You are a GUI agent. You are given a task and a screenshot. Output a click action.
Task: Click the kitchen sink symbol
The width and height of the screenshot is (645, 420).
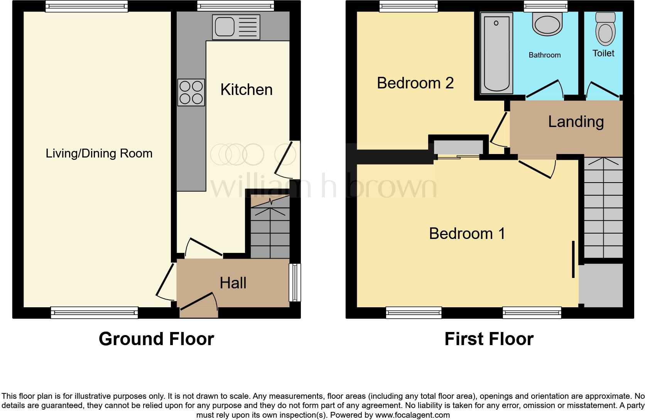click(x=236, y=27)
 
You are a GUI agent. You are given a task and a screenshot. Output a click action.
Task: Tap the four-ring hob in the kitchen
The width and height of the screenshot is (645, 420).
click(x=191, y=92)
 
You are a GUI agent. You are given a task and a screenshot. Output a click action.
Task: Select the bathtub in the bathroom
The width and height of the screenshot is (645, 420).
click(x=496, y=53)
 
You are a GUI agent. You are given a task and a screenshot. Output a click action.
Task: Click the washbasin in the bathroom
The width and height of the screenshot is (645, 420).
click(x=547, y=24)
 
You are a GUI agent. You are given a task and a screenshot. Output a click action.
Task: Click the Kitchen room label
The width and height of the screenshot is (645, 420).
click(x=247, y=90)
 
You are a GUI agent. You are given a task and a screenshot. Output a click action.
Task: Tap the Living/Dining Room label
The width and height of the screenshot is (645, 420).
click(x=99, y=153)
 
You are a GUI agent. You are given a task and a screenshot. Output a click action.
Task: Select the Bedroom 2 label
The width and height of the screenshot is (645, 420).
click(x=415, y=83)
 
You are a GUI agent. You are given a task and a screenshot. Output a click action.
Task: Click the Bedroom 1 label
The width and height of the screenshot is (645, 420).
click(x=467, y=234)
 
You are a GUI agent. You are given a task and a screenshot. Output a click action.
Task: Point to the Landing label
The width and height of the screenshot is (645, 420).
click(x=576, y=122)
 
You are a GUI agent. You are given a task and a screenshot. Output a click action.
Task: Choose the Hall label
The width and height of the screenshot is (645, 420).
click(x=233, y=283)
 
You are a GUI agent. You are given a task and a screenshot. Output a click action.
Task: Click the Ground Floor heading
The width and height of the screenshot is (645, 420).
click(x=156, y=339)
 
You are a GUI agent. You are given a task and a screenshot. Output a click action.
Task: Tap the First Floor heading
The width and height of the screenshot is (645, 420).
click(x=489, y=339)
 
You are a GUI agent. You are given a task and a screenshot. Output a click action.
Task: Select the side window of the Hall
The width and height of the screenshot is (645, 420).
click(x=295, y=283)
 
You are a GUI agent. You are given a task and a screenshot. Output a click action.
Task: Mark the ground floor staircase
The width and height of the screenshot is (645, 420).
click(x=270, y=232)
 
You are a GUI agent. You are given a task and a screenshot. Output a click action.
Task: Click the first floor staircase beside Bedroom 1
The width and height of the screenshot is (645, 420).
click(x=603, y=208)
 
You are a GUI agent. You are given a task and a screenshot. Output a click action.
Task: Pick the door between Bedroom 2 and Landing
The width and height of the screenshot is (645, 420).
click(x=499, y=129)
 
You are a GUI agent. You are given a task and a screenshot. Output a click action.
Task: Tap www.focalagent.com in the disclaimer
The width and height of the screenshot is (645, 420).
click(x=412, y=415)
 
